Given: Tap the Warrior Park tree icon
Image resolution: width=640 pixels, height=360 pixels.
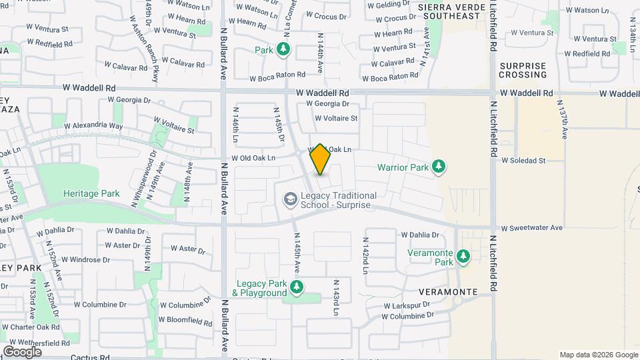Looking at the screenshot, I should click(438, 166).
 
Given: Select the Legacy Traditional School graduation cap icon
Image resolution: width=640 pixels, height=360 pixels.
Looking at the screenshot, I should click(290, 199).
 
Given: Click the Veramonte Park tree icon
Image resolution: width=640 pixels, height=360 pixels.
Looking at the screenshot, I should click(463, 257).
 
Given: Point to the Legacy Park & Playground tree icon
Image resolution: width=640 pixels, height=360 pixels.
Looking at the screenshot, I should click(297, 287).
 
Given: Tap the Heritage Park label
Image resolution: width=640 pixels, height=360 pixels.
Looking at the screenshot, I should click(91, 194).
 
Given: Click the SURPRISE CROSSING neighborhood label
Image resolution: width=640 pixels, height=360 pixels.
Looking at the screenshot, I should click(523, 70).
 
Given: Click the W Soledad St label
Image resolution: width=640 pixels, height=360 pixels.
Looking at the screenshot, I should click(523, 161).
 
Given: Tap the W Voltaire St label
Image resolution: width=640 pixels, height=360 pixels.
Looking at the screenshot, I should click(336, 119).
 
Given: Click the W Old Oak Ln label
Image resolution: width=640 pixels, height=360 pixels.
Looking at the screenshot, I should click(253, 159).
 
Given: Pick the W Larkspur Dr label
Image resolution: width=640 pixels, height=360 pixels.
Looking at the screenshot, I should click(407, 305).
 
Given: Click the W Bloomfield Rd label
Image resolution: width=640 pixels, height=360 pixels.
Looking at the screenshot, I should click(185, 320).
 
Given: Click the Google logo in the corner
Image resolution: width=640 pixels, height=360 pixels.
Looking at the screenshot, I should click(22, 351).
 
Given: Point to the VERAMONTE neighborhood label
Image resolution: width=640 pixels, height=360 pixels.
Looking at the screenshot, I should click(448, 292).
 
